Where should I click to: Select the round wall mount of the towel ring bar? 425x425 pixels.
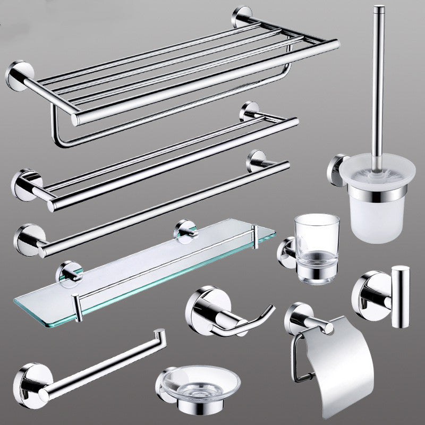[28, 377]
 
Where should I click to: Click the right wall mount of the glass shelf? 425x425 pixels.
[186, 229]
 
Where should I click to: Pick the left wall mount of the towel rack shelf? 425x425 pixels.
[19, 75]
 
